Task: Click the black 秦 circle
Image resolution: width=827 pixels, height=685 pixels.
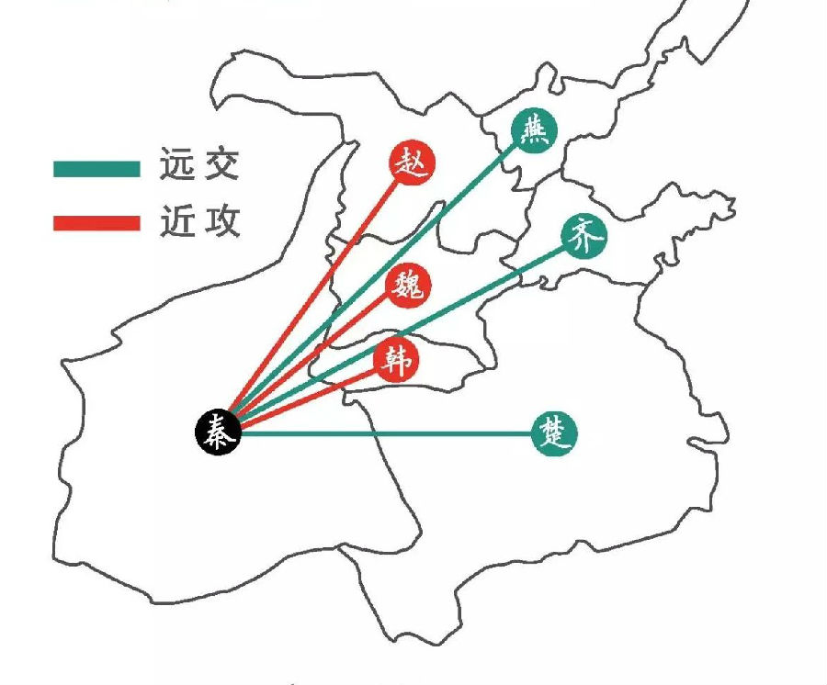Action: (218, 431)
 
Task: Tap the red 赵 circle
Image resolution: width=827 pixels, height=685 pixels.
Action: (411, 164)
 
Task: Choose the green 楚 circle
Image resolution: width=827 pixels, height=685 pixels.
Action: (555, 432)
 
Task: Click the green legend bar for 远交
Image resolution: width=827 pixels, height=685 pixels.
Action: (96, 168)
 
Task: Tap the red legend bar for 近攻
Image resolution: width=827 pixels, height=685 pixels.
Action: (96, 222)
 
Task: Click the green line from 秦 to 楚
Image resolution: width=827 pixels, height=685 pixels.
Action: (386, 432)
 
